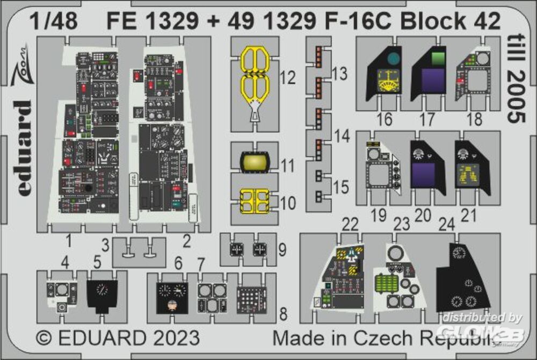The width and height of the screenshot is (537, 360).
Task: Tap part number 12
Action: click(288, 78)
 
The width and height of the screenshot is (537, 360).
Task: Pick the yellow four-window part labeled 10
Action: click(254, 201)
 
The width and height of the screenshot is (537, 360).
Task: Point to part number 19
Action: click(379, 216)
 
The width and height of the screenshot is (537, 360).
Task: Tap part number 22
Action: click(350, 224)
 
